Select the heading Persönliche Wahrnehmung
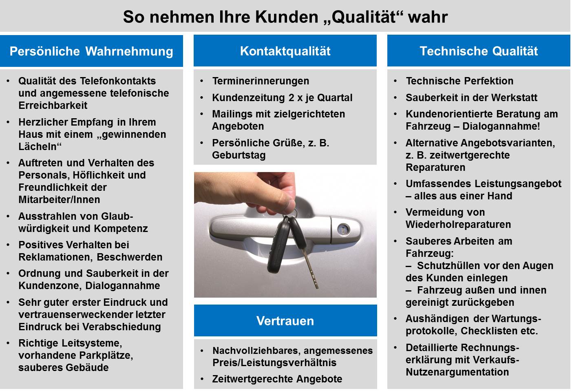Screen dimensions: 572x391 point(91,51)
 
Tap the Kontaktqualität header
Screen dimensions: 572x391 point(285,51)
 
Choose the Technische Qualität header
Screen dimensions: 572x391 point(479,51)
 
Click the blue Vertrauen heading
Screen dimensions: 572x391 point(285,321)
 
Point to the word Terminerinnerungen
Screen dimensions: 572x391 point(261,81)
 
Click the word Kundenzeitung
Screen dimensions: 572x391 point(248,97)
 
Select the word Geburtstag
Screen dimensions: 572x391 point(239,155)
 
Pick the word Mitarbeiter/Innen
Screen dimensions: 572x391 point(59,199)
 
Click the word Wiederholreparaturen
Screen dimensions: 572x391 point(458,225)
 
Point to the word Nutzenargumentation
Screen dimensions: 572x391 point(457,372)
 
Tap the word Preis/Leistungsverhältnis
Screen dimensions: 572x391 point(274,362)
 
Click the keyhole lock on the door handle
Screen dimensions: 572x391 point(343,229)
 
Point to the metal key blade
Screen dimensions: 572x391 point(311,268)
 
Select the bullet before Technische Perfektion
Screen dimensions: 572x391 point(395,81)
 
